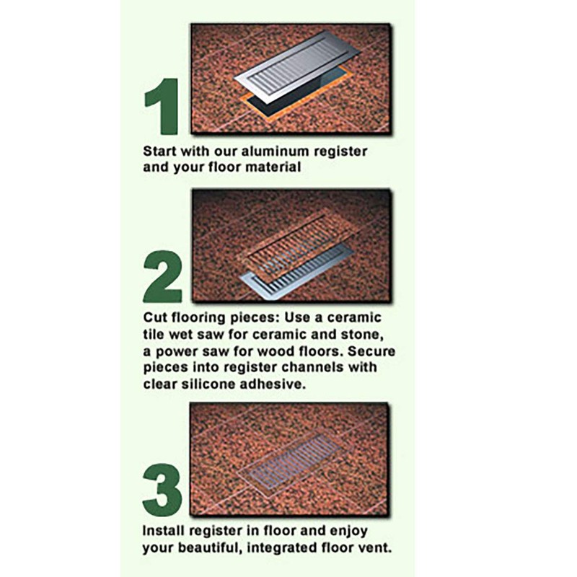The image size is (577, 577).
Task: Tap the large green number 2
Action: pos(162,276)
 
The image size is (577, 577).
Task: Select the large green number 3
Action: pos(162,490)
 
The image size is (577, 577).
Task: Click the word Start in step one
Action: pos(159,152)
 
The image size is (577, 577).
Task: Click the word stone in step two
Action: pos(366,335)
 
